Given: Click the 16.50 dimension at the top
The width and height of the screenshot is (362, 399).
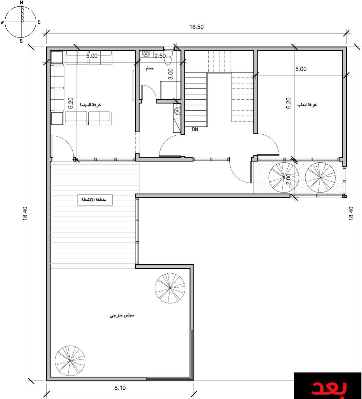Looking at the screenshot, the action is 196,27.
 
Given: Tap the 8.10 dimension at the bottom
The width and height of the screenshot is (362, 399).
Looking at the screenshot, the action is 120,388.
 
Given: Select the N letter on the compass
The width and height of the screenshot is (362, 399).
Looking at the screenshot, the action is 22,3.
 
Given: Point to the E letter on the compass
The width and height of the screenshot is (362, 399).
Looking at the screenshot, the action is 39,22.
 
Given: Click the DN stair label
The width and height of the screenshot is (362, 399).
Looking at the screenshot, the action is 195,129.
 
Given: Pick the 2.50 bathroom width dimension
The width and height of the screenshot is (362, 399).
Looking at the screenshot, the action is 160,56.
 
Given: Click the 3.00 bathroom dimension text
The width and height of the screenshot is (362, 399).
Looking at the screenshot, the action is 171,74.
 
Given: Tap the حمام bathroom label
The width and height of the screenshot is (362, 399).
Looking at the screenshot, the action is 150,68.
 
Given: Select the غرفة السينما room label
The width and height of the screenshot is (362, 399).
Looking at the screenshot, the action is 90,105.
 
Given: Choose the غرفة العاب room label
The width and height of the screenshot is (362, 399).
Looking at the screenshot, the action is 307,105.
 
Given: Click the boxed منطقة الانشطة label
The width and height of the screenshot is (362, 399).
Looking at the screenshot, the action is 95,200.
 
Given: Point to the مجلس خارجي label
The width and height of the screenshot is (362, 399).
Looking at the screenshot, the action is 122,315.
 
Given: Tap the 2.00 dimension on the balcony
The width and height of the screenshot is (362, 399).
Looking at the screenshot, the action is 288,179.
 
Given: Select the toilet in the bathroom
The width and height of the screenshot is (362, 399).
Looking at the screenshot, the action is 169,58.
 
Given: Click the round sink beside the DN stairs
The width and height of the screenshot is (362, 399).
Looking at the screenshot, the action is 177,111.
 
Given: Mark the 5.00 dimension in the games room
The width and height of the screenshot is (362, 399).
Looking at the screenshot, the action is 301,69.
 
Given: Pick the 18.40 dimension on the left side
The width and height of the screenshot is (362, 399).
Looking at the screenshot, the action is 25,213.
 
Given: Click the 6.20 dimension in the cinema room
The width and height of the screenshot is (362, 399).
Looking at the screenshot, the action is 71,103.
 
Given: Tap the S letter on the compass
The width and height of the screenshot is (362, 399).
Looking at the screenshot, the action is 21,41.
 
